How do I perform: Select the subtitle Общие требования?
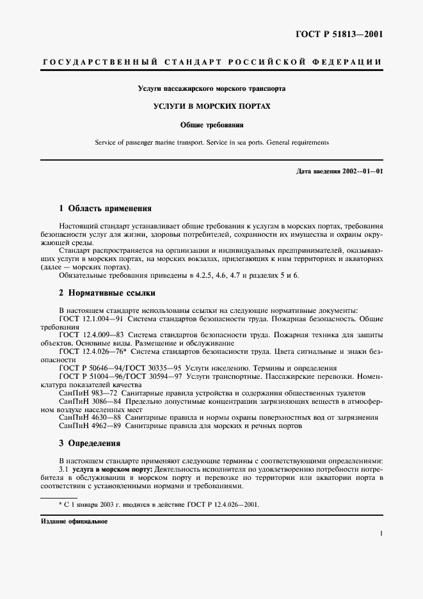[211, 125]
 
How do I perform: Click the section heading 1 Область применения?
[105, 209]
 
